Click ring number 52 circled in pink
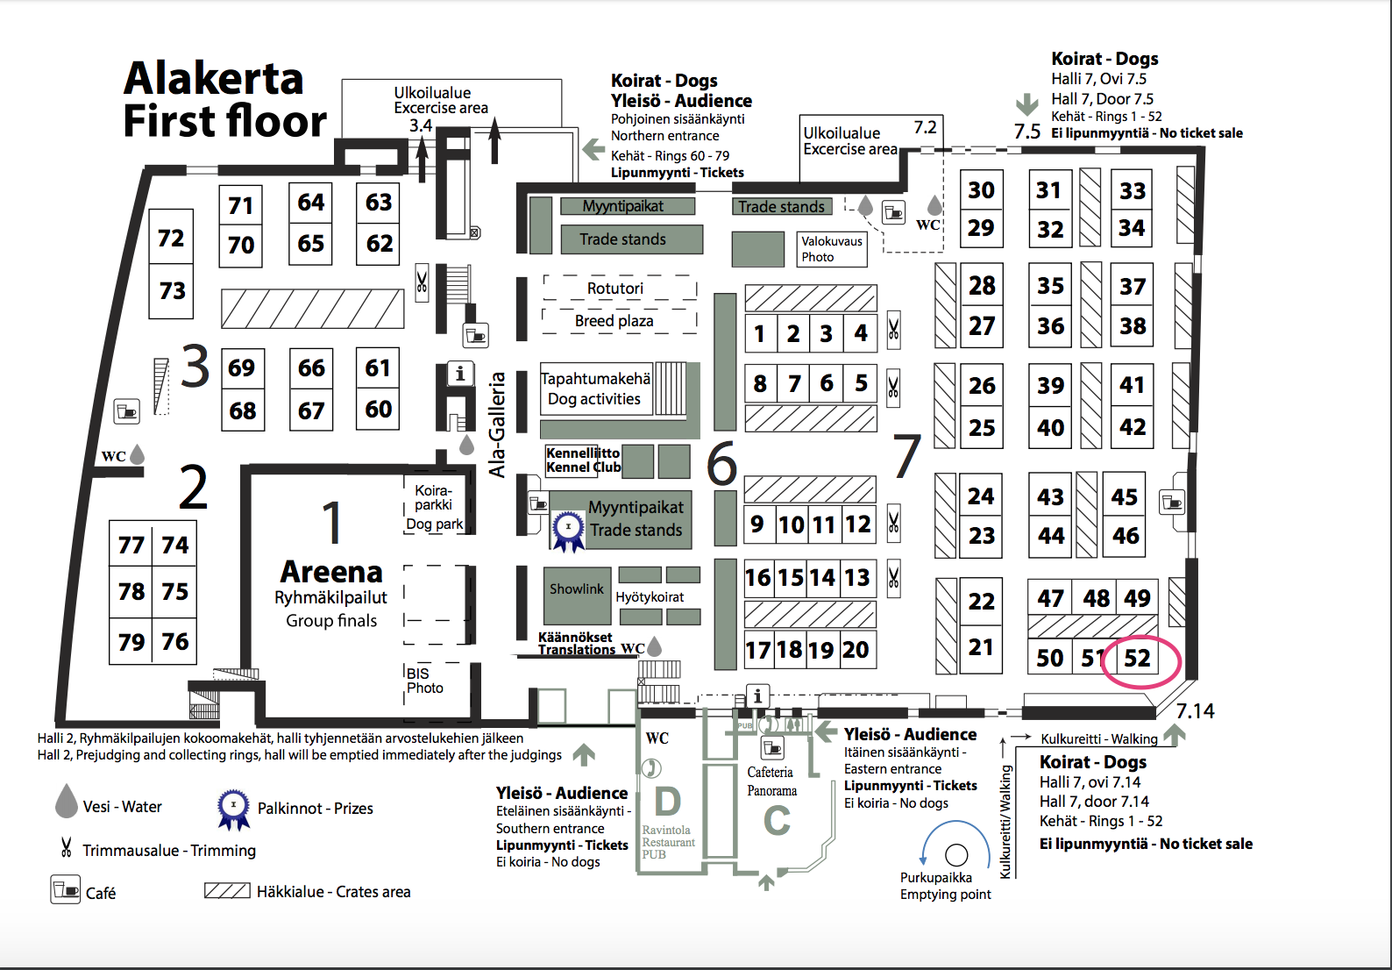click(x=1137, y=658)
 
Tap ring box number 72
click(x=171, y=237)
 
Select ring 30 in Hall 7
click(x=981, y=189)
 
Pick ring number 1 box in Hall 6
click(x=760, y=333)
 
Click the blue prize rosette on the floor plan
click(x=568, y=531)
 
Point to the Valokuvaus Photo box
click(x=832, y=249)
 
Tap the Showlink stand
click(x=577, y=595)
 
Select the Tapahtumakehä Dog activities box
click(x=596, y=389)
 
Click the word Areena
click(x=331, y=572)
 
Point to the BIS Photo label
click(x=424, y=681)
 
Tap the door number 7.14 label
click(x=1195, y=710)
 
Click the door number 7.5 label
click(x=1026, y=132)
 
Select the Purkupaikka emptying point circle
click(x=956, y=855)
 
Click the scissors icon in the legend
click(x=66, y=847)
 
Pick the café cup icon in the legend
click(x=65, y=890)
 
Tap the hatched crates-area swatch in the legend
click(x=227, y=891)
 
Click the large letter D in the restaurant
click(x=667, y=801)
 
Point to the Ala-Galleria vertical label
click(x=497, y=424)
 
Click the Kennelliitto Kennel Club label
click(x=583, y=460)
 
